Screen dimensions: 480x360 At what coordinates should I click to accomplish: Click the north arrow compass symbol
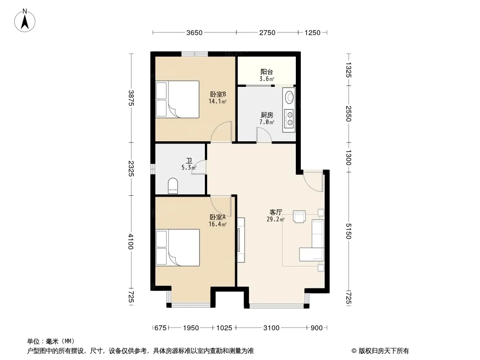click(25, 21)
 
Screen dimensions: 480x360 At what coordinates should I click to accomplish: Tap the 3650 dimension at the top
click(195, 32)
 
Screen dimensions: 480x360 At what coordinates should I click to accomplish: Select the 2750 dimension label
click(267, 32)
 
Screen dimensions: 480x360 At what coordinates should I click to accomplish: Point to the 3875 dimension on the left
click(131, 98)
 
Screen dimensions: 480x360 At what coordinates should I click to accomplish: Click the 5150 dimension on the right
click(349, 231)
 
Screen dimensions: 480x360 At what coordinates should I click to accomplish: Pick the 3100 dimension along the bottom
click(271, 328)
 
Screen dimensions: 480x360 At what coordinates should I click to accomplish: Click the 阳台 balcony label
click(267, 72)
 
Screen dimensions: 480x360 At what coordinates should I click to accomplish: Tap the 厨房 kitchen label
click(267, 115)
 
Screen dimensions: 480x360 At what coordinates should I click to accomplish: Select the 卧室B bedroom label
click(218, 94)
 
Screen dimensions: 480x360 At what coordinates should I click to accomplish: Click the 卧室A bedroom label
click(217, 217)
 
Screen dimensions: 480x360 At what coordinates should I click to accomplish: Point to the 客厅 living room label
click(276, 212)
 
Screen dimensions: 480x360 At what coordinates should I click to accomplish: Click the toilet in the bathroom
click(172, 186)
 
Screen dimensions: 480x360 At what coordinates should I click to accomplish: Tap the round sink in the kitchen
click(289, 97)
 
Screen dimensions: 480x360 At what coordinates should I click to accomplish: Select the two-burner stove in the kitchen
click(289, 119)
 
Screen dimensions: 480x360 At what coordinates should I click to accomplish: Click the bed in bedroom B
click(177, 99)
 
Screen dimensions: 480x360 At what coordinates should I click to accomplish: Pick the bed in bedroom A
click(177, 248)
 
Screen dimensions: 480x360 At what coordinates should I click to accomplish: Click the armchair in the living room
click(299, 216)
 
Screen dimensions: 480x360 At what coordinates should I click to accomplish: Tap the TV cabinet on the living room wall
click(241, 240)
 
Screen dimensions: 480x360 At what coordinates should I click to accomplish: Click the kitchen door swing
click(264, 135)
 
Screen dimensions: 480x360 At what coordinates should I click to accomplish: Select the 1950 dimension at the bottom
click(191, 328)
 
